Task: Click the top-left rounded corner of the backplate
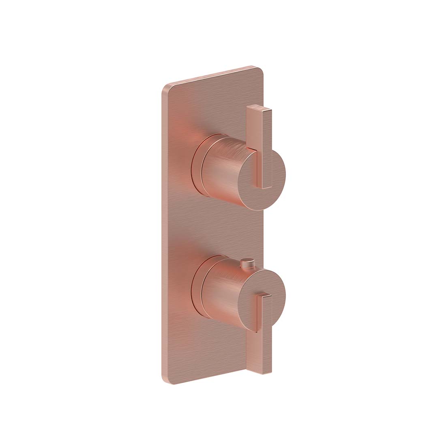(x=167, y=88)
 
